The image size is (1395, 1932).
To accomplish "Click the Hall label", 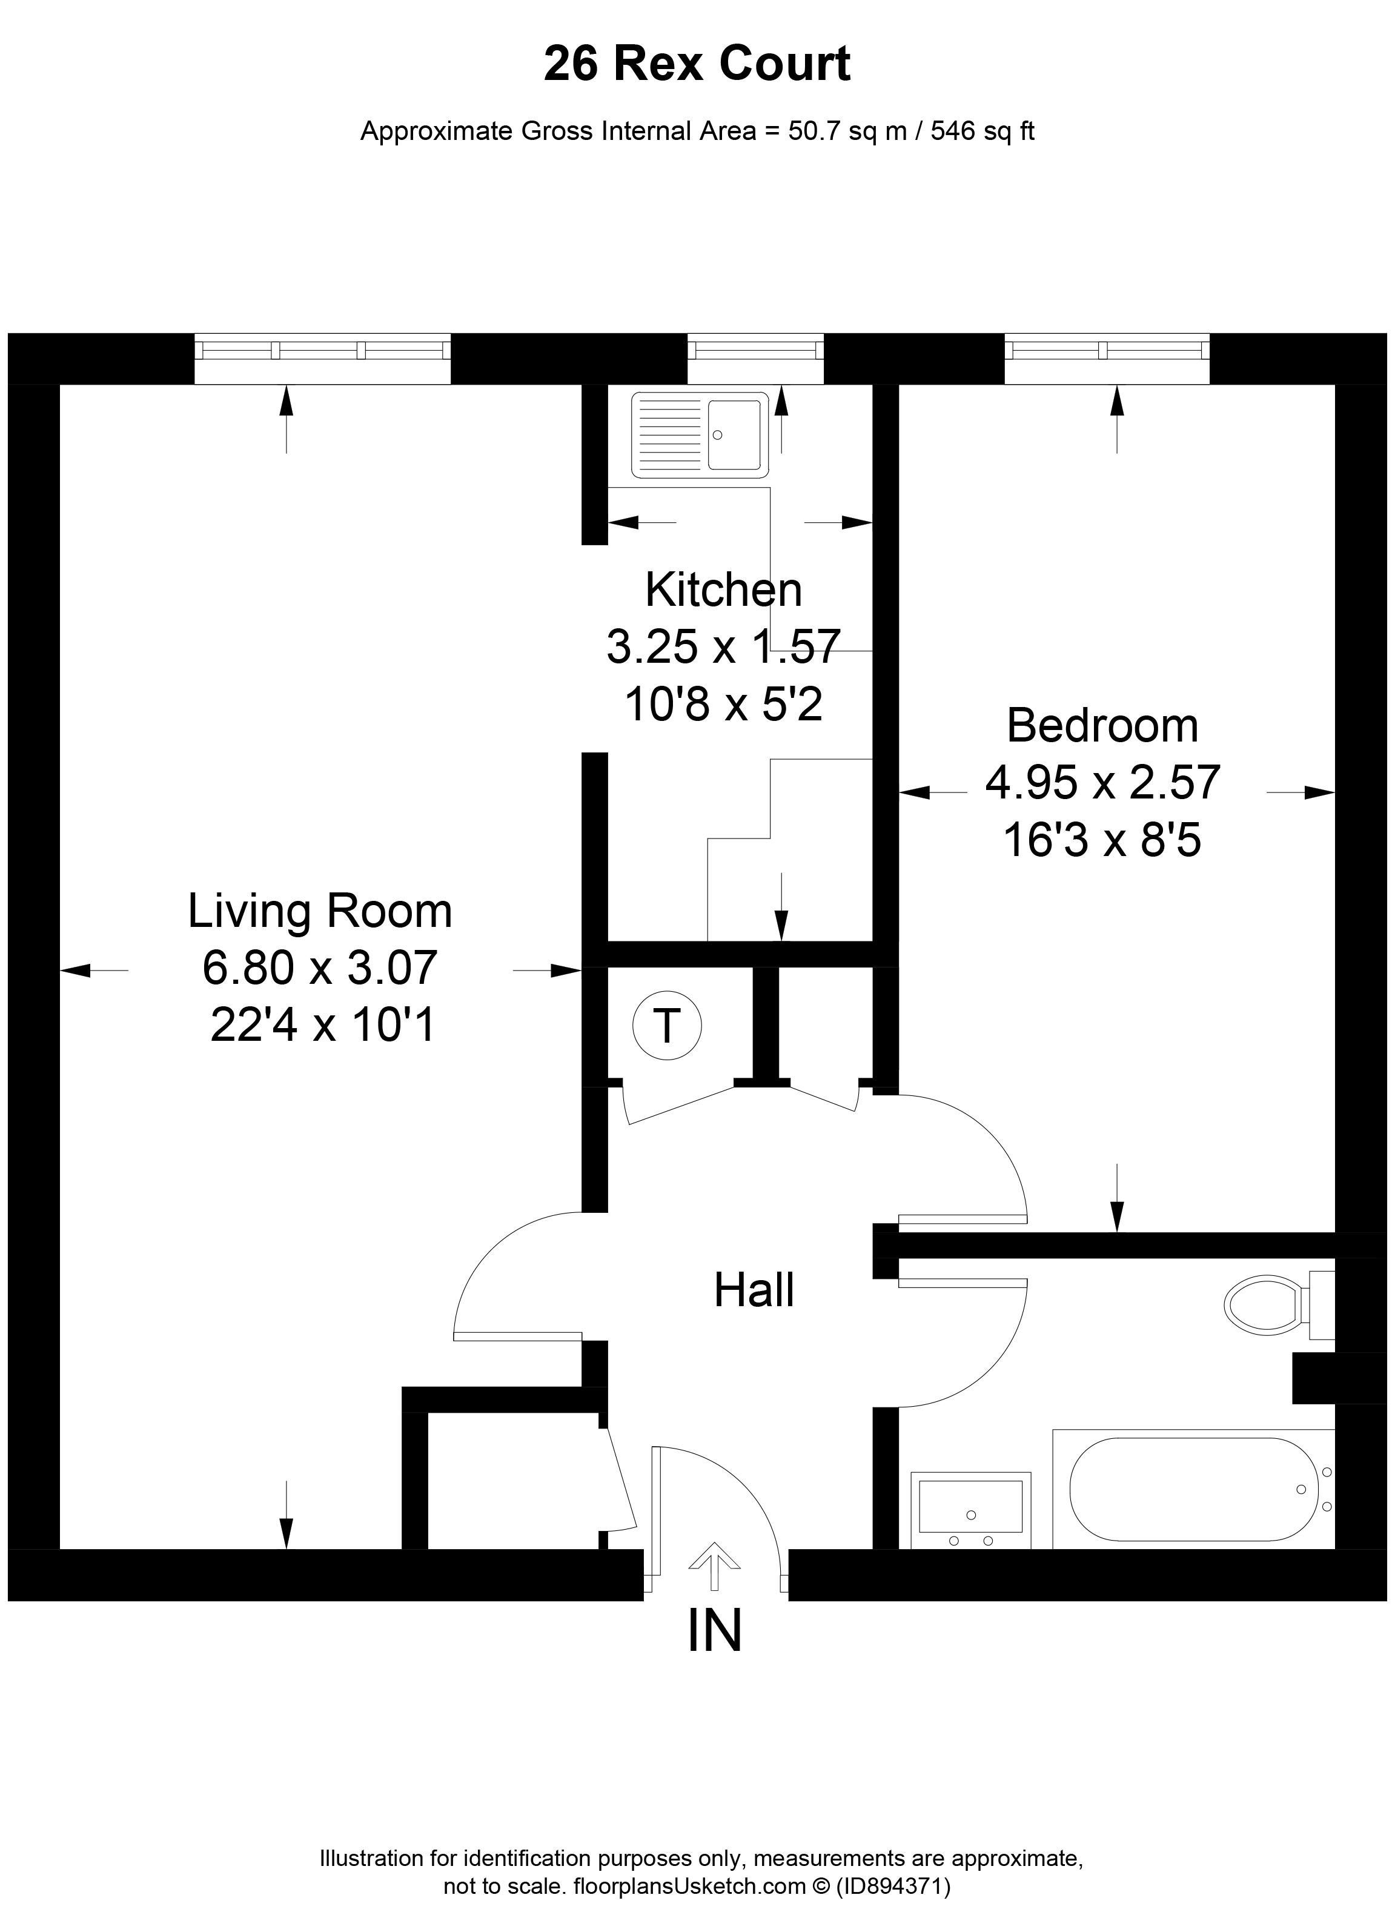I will (754, 1290).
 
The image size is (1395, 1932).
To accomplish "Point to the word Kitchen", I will (723, 589).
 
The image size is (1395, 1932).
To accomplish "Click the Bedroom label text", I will (1102, 726).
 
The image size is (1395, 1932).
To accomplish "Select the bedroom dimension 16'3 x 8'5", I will (1102, 840).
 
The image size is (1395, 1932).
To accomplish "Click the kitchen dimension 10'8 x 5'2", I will (723, 703).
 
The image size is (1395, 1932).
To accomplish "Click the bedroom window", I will (1106, 358).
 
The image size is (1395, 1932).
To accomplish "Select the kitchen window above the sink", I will (755, 358).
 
